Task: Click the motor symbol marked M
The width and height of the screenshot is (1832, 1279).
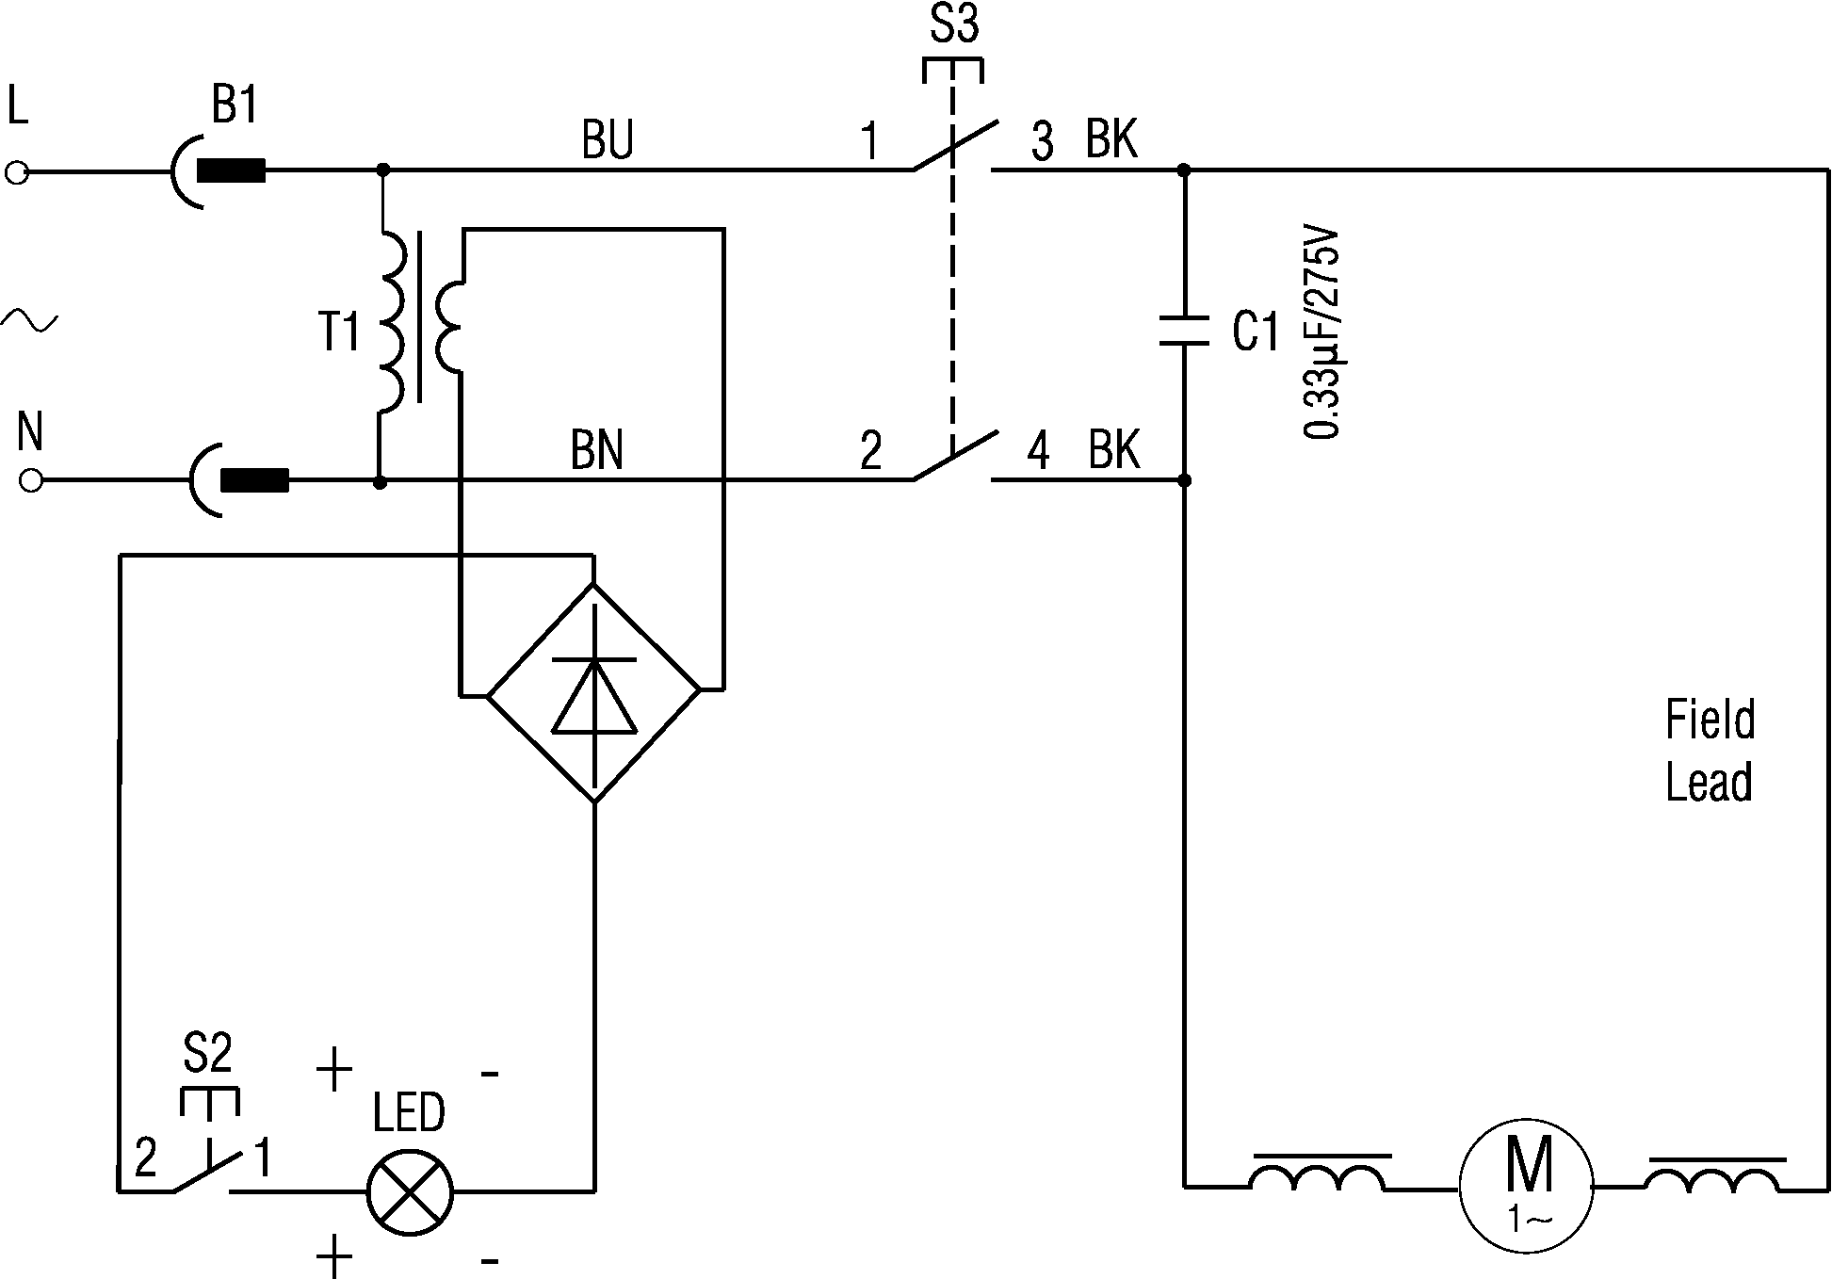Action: (1526, 1186)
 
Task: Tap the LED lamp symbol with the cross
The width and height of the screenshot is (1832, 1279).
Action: (410, 1191)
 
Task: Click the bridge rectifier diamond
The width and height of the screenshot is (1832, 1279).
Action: (593, 692)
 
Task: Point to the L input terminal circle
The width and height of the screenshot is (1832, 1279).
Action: (17, 172)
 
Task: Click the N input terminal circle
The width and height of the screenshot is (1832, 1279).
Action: (31, 481)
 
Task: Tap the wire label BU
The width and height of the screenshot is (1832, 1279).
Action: (608, 139)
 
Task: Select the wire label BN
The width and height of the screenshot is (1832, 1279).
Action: (597, 450)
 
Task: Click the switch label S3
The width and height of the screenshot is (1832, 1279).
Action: (954, 25)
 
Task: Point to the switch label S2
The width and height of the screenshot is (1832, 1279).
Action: (207, 1053)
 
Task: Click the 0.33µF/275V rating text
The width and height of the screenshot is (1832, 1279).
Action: (1322, 332)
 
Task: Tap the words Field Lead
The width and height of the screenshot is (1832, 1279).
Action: (1710, 751)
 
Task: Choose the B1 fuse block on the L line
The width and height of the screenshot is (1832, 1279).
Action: (232, 172)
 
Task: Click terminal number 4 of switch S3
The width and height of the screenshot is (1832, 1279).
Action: (1037, 451)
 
